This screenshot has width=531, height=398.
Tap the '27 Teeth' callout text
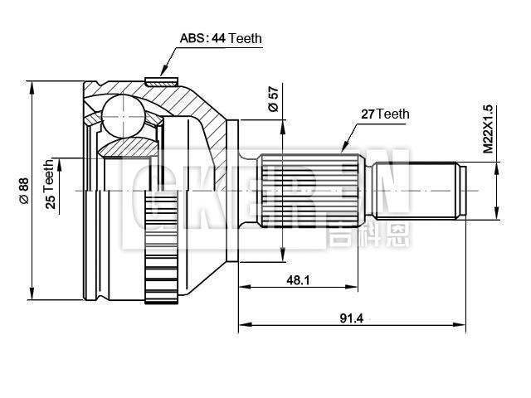click(x=384, y=114)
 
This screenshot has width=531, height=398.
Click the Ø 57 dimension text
click(x=273, y=99)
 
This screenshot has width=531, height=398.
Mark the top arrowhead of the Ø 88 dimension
click(x=32, y=85)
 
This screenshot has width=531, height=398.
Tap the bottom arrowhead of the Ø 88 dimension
click(x=32, y=297)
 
